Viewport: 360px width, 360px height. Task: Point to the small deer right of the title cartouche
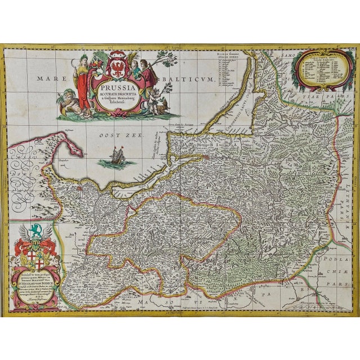point(163,103)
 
